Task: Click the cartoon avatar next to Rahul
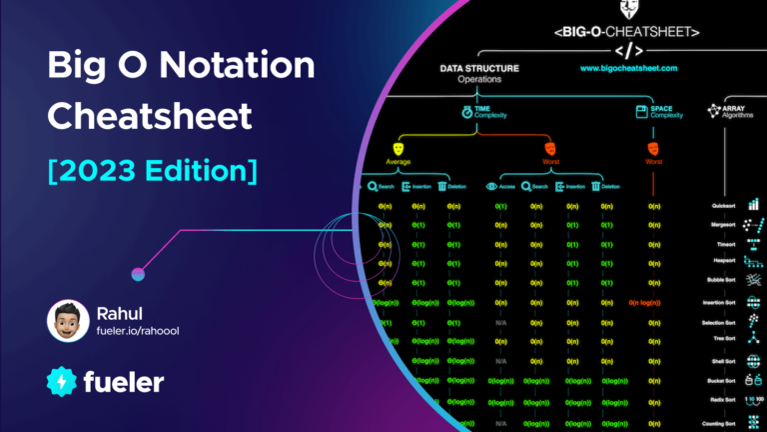[66, 322]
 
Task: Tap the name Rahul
[123, 312]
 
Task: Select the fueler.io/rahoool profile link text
[146, 332]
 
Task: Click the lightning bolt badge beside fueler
[63, 382]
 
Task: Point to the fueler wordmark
[125, 382]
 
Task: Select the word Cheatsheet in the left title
[150, 117]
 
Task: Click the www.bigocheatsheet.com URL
[627, 69]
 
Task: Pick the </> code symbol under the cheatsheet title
[626, 48]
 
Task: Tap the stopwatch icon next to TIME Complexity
[466, 113]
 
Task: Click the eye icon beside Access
[490, 186]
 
